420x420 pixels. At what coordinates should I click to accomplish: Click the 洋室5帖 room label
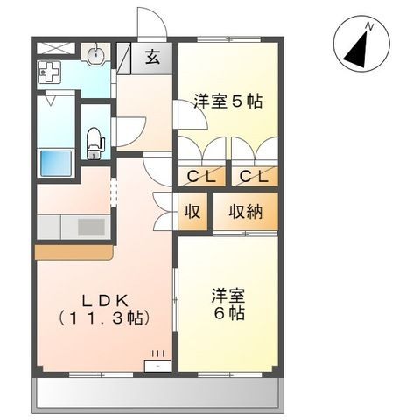pyautogui.click(x=227, y=101)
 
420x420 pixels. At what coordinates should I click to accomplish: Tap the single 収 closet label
pyautogui.click(x=193, y=211)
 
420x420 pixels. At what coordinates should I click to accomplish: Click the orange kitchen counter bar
pyautogui.click(x=73, y=252)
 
